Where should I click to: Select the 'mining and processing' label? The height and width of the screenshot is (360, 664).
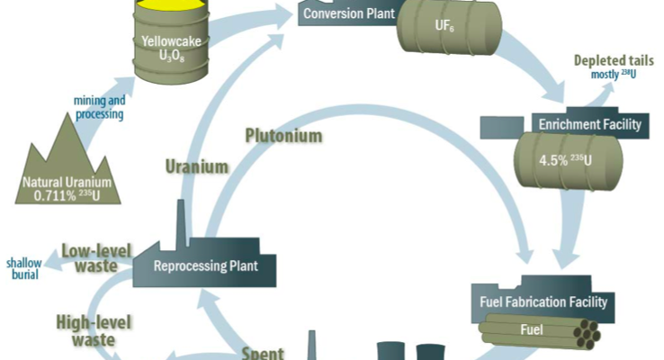point(99,109)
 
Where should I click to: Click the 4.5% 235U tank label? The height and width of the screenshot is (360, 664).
point(565,162)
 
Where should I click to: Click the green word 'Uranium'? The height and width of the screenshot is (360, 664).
point(197,166)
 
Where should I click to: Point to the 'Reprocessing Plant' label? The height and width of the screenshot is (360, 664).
point(206,265)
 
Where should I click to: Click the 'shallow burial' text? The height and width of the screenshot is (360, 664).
point(23,267)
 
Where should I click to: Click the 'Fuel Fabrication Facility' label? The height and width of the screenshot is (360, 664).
point(551,301)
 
